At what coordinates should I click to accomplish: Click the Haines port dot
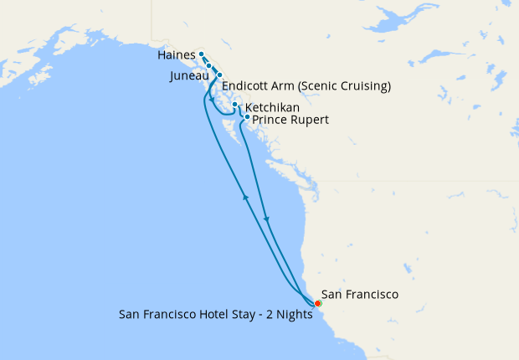202,55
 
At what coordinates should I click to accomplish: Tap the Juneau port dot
209,65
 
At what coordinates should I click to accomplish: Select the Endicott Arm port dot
219,75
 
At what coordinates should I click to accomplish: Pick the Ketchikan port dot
234,105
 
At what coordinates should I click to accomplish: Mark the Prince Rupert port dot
247,117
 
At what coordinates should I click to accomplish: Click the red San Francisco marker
317,303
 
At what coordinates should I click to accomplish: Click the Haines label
175,55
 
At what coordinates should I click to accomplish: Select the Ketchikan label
272,108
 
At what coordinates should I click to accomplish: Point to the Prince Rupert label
290,121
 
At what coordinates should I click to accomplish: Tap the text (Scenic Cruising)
344,86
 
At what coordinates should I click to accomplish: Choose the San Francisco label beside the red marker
360,294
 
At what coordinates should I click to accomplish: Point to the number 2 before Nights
267,316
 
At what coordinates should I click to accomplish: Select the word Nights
294,316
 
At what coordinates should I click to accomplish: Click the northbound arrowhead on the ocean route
245,197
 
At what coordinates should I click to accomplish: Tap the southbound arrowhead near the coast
267,219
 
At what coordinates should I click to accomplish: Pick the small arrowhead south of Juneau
211,99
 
